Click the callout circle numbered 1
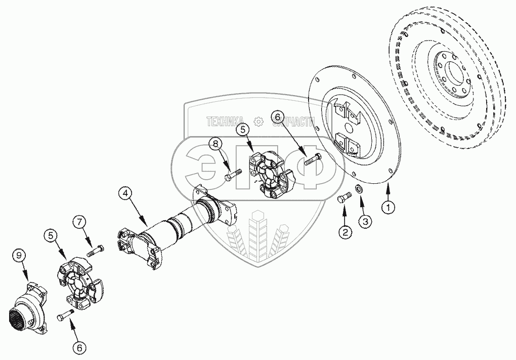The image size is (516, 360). click(388, 207)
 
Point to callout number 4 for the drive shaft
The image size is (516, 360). click(126, 193)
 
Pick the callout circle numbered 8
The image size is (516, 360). click(216, 145)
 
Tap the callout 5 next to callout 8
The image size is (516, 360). click(243, 130)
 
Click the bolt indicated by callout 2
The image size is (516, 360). click(342, 198)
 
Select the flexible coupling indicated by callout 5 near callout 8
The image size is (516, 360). click(272, 175)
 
